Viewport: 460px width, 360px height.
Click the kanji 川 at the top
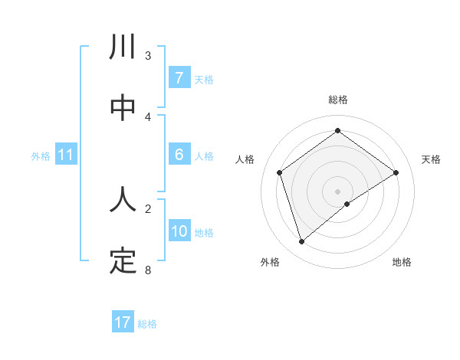click(x=123, y=47)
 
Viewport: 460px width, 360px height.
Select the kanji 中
click(x=123, y=108)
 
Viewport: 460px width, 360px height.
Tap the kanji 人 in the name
click(x=123, y=200)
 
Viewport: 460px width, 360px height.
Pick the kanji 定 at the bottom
click(x=123, y=261)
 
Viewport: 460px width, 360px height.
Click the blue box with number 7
click(x=179, y=78)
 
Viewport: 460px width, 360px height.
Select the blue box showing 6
click(x=179, y=155)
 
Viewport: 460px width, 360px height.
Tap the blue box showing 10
click(x=179, y=231)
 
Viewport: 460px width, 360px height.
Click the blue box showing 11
click(x=65, y=155)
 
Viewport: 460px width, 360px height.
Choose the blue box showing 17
click(x=123, y=322)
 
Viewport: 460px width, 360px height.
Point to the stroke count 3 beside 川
click(x=148, y=55)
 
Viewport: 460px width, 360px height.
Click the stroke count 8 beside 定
click(x=148, y=270)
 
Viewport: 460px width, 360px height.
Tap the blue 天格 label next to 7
click(x=204, y=79)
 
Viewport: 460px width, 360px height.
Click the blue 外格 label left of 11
click(x=41, y=155)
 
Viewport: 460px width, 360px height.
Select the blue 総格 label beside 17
click(x=147, y=323)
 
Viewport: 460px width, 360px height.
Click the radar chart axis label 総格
click(x=337, y=100)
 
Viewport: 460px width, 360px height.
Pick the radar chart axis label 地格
click(x=402, y=262)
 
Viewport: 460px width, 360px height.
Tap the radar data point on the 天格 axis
click(x=396, y=172)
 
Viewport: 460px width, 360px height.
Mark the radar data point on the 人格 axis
click(x=280, y=172)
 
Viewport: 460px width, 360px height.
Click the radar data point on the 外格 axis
click(x=301, y=242)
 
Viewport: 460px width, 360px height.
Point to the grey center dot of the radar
click(x=337, y=191)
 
